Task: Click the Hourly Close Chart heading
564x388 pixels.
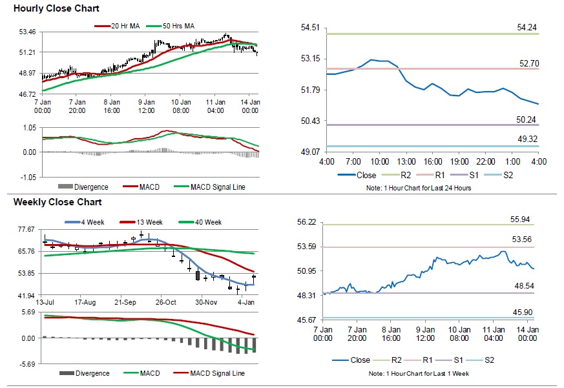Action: (56, 8)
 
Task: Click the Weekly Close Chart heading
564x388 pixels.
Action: (57, 202)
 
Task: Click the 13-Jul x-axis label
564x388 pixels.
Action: (44, 302)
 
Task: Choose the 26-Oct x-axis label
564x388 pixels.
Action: (165, 302)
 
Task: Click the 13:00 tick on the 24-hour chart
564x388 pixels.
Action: (406, 161)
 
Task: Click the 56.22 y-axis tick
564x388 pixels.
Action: (308, 222)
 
